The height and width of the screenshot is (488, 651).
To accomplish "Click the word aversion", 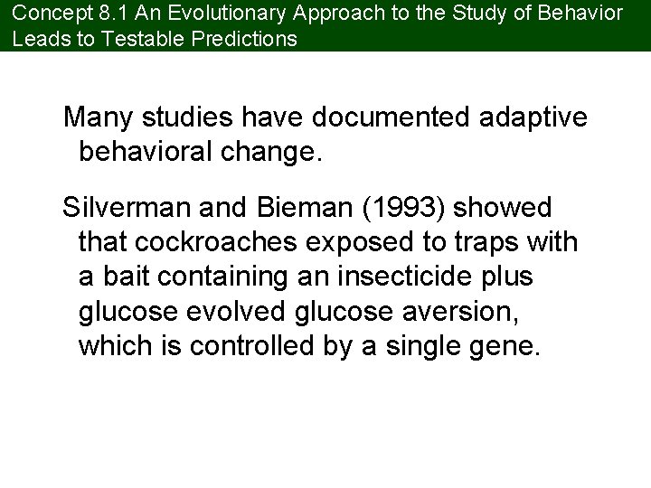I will pos(474,312).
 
